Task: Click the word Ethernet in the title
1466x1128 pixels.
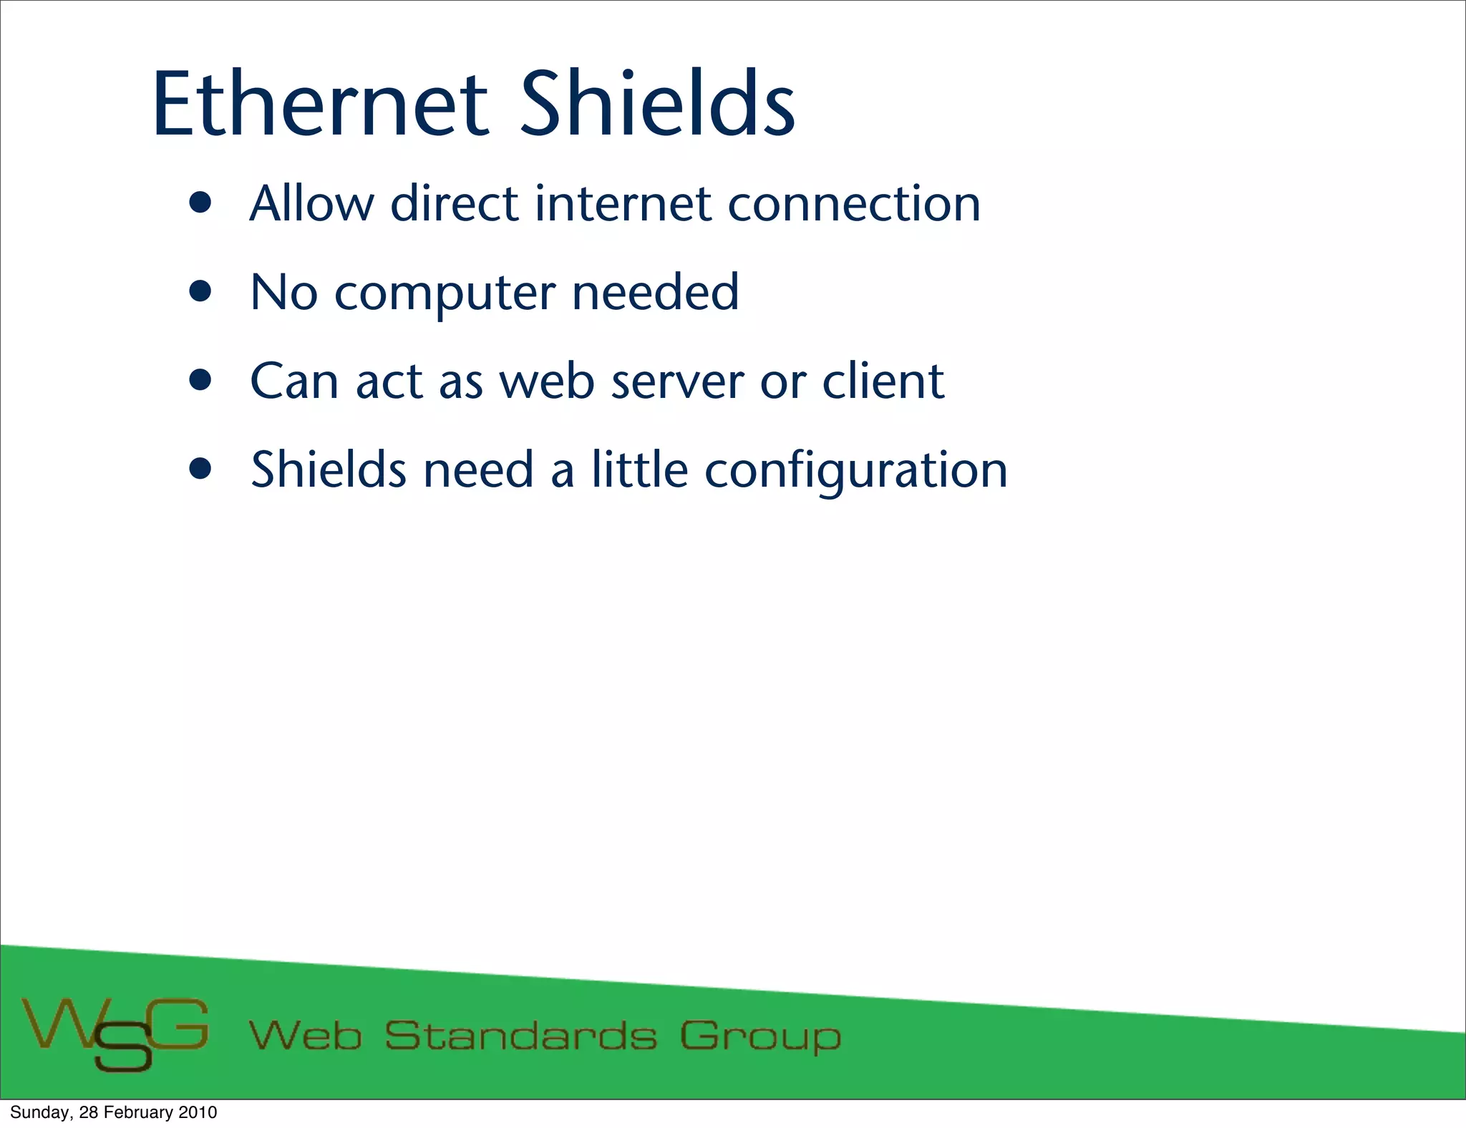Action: (x=320, y=104)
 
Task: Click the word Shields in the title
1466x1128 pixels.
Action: (x=657, y=104)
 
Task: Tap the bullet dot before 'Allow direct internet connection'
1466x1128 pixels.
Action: (x=201, y=203)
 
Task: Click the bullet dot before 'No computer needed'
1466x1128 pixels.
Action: (x=201, y=292)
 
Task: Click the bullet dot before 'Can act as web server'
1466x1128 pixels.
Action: (x=201, y=381)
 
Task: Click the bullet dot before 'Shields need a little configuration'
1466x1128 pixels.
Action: (x=201, y=470)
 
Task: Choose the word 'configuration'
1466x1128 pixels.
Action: (x=856, y=471)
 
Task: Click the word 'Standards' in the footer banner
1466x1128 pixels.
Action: (x=520, y=1036)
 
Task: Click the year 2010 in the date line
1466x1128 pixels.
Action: (x=198, y=1112)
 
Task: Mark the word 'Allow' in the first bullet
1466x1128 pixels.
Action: (x=311, y=204)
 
